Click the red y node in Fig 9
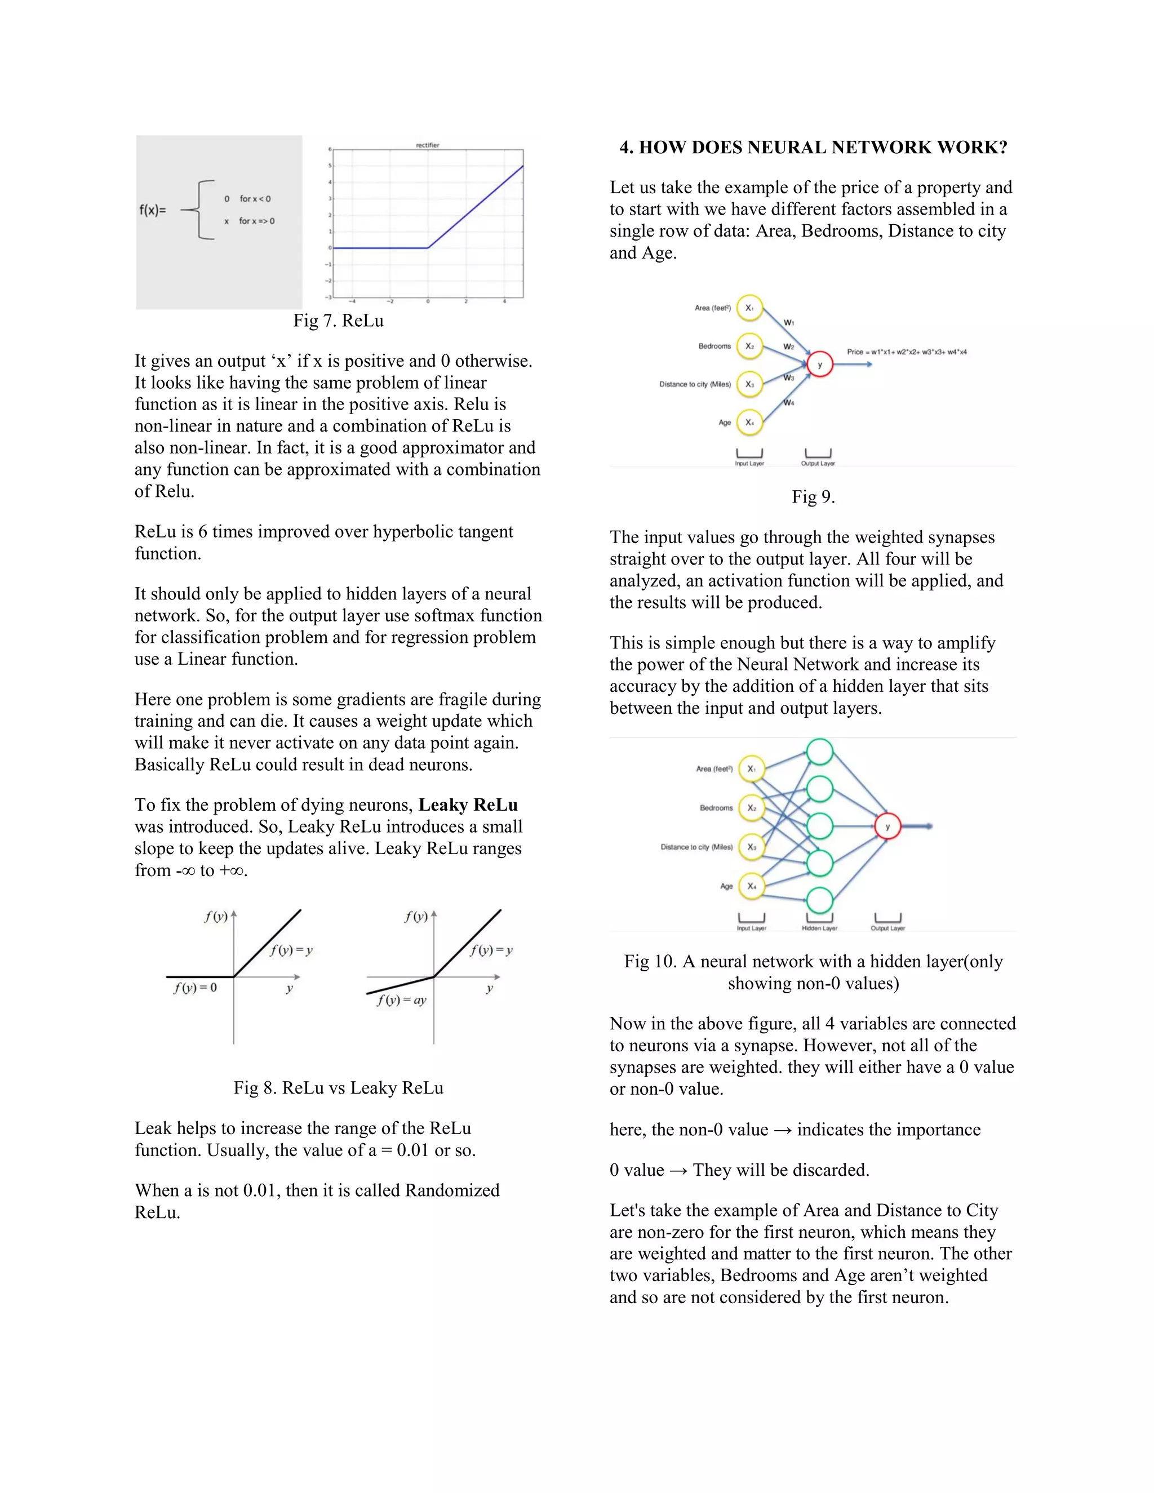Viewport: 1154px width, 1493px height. (820, 365)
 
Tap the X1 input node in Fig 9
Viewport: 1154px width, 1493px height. (750, 308)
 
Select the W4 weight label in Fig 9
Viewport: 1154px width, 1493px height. (789, 403)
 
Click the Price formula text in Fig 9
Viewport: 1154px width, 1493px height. (907, 352)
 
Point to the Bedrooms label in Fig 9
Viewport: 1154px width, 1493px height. (714, 346)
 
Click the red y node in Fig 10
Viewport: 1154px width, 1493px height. (887, 827)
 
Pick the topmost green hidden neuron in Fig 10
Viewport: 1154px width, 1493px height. (820, 752)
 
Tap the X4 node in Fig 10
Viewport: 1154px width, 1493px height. (751, 886)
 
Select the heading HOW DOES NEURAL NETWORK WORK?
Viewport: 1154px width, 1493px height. (813, 148)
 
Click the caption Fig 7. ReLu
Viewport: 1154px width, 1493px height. (339, 321)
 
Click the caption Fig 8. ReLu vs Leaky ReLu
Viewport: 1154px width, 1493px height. (339, 1087)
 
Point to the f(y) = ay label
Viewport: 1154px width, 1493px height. (401, 1000)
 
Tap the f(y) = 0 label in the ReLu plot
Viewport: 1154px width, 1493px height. (196, 988)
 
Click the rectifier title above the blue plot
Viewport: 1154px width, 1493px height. (427, 145)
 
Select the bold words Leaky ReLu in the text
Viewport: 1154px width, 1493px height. (468, 805)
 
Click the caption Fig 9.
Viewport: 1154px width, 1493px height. (813, 497)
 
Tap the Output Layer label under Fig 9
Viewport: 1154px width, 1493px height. (818, 464)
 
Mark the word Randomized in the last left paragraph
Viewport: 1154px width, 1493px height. (452, 1190)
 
